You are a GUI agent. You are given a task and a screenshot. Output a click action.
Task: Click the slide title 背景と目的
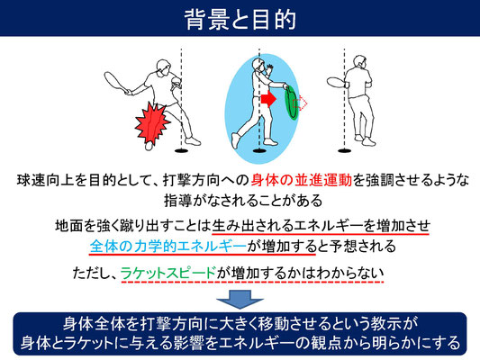click(240, 19)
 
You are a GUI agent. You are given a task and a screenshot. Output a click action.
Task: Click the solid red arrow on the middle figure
click(268, 99)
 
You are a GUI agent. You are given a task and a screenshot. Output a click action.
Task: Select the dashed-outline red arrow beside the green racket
click(300, 103)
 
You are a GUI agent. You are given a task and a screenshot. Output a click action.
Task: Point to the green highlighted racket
click(291, 103)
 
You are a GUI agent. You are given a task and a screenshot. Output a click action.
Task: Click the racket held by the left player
click(115, 81)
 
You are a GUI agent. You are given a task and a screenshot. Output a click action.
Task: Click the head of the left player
click(163, 67)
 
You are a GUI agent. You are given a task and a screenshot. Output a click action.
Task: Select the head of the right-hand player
click(359, 62)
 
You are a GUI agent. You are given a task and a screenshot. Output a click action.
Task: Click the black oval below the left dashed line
click(182, 150)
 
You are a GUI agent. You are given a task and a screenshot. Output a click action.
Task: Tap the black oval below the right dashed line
click(345, 150)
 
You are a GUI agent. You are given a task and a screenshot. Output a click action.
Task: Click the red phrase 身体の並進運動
click(302, 181)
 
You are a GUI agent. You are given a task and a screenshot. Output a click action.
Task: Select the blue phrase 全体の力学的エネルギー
click(168, 246)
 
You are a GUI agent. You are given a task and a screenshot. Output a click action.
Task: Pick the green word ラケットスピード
click(168, 273)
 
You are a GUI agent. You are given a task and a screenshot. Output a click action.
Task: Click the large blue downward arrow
click(240, 299)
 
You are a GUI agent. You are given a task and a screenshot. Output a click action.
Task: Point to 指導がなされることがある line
click(243, 201)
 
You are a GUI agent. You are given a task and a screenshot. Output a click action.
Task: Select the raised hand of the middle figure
click(268, 69)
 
